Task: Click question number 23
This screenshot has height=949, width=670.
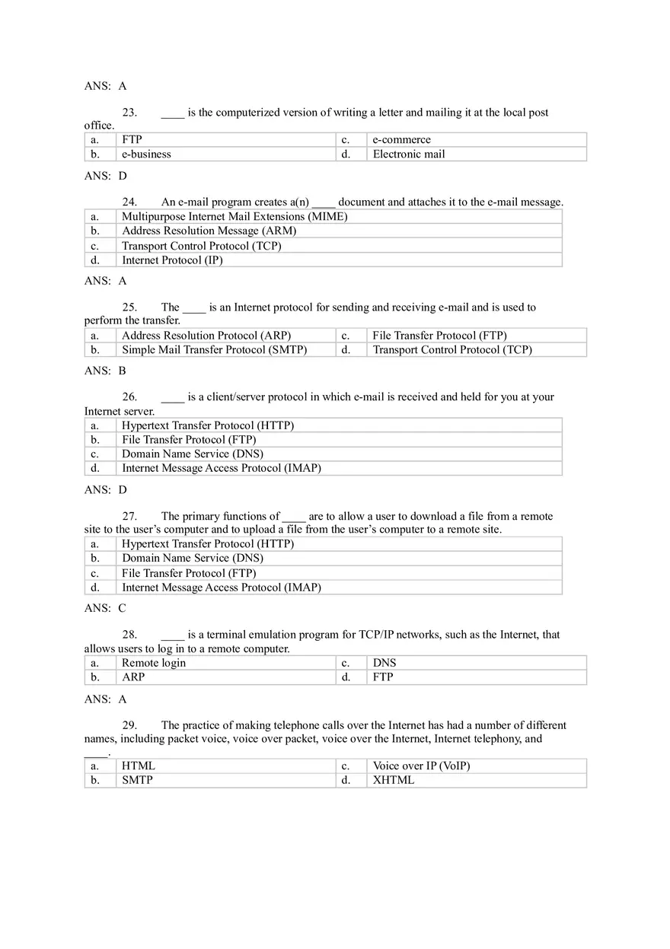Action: [129, 113]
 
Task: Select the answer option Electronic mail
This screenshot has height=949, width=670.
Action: [409, 154]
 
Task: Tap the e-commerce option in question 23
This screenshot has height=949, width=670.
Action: [401, 139]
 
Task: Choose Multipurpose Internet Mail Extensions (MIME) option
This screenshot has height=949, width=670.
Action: [234, 216]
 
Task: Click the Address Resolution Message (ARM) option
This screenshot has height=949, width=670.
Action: [209, 231]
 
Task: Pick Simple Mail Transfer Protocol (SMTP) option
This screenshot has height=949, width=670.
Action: [215, 350]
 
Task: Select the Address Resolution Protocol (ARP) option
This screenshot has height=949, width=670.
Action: [206, 336]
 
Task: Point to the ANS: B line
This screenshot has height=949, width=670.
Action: [105, 371]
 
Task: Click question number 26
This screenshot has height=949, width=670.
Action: [129, 397]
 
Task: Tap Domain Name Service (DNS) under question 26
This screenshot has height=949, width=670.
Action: [193, 454]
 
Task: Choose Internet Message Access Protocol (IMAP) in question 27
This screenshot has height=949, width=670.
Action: [222, 588]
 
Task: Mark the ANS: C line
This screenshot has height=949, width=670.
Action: [105, 609]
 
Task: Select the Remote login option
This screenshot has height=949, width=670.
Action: [154, 663]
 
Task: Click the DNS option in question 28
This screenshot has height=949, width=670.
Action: [384, 663]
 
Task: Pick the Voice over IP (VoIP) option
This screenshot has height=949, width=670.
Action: [421, 766]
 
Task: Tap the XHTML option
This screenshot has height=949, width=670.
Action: [394, 780]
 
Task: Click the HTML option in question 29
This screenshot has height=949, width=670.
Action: [139, 766]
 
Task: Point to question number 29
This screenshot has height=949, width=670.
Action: [129, 726]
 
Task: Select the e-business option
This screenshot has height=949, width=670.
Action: [146, 154]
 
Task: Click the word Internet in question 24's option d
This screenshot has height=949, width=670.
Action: [142, 260]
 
